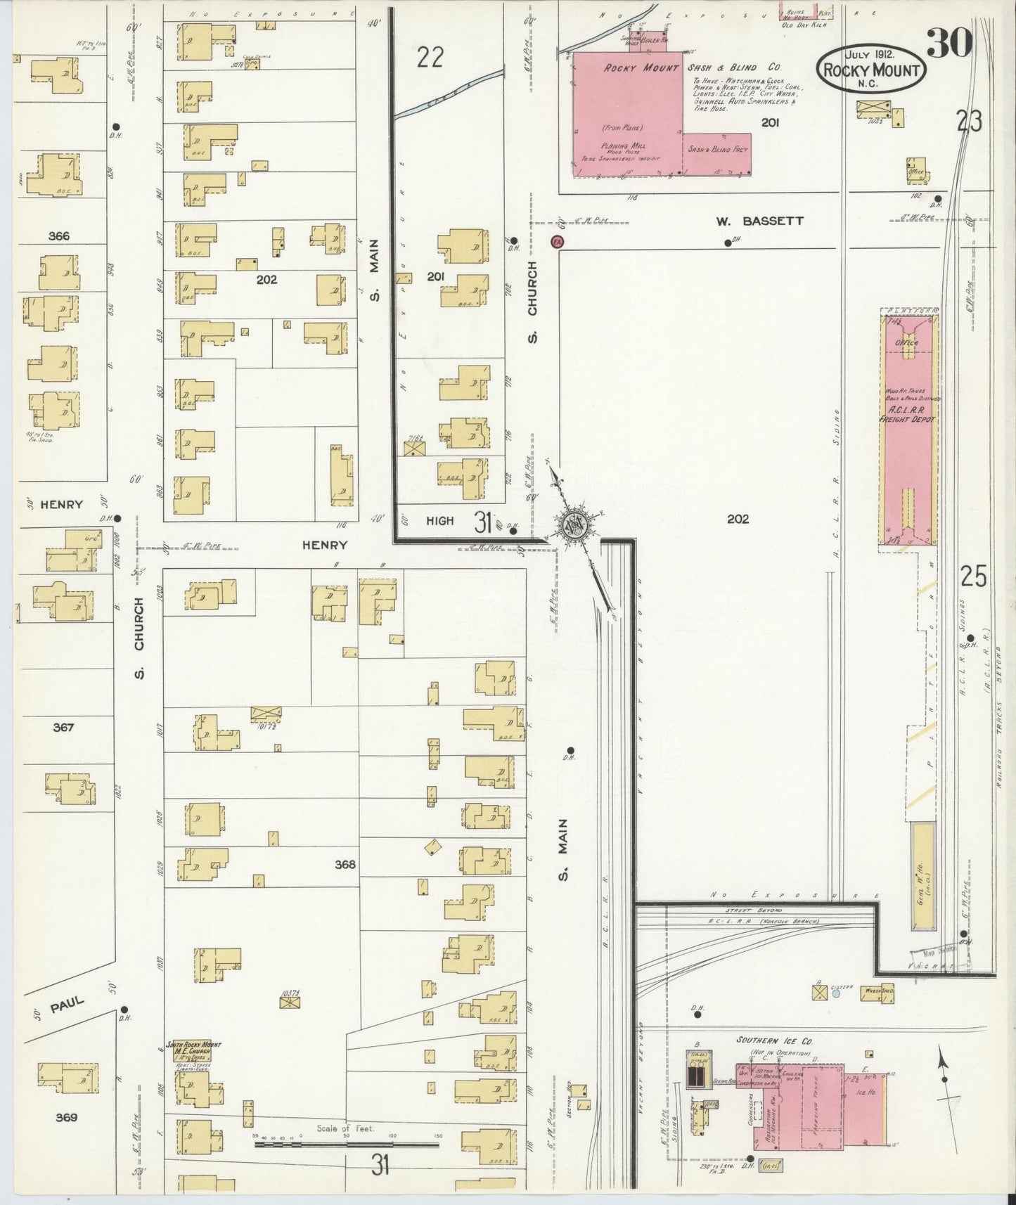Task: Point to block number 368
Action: coord(345,865)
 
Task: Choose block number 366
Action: coord(59,236)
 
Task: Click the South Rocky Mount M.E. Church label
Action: coord(193,1048)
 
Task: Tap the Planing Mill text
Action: coord(624,146)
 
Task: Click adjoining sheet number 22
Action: coord(430,58)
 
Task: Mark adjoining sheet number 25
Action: coord(973,576)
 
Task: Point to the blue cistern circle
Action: coord(835,993)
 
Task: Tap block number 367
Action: coord(63,728)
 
